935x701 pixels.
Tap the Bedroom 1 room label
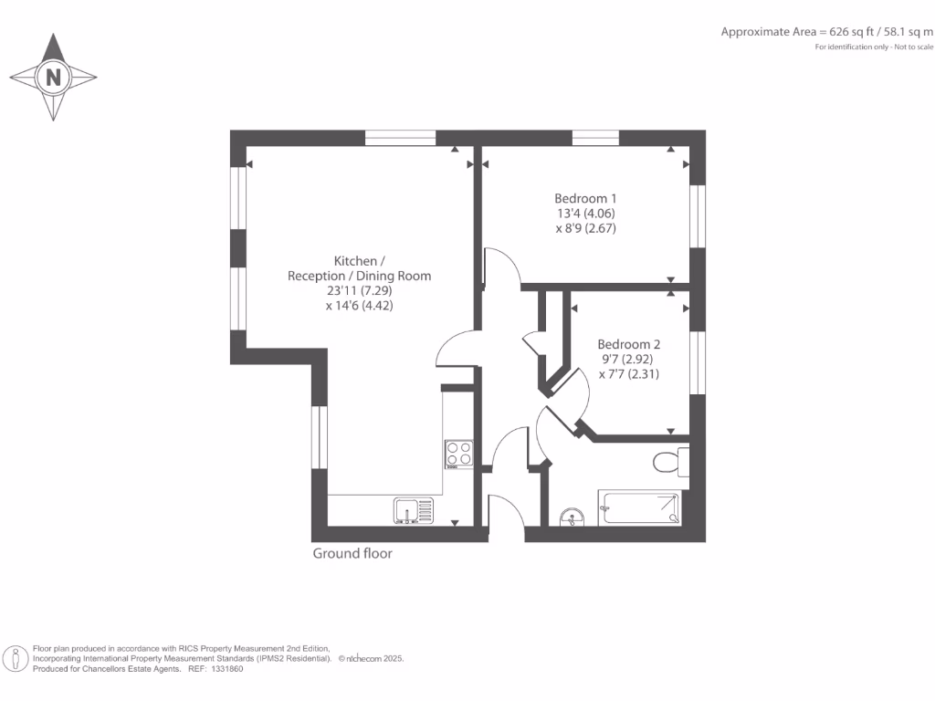[585, 198]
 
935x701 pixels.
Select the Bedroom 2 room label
[628, 344]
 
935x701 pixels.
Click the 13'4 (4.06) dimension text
[585, 214]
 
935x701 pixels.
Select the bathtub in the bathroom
[639, 507]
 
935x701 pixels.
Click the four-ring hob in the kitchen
[458, 454]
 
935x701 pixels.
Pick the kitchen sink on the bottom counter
[415, 509]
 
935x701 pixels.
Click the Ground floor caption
[352, 553]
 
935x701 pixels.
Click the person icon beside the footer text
[16, 658]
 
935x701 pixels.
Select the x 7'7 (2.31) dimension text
[628, 373]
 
